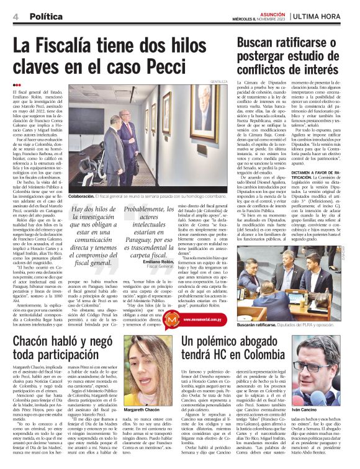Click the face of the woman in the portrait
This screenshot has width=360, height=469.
(x=147, y=366)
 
